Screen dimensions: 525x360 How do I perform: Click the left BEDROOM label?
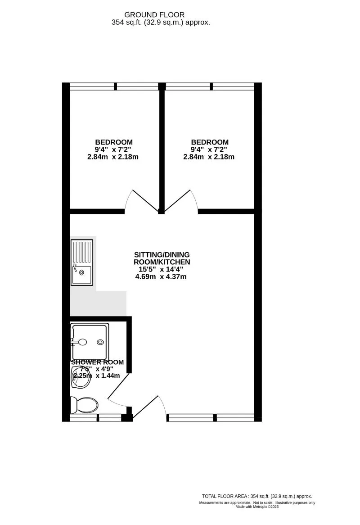pyautogui.click(x=113, y=142)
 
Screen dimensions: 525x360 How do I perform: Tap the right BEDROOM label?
pyautogui.click(x=209, y=142)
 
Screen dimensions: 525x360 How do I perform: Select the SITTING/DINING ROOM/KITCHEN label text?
pyautogui.click(x=161, y=258)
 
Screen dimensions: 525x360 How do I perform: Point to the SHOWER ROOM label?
pyautogui.click(x=97, y=362)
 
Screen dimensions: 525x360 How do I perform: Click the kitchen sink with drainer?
pyautogui.click(x=81, y=262)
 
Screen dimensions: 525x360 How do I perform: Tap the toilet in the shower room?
pyautogui.click(x=84, y=404)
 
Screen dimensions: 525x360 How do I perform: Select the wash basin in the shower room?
pyautogui.click(x=81, y=377)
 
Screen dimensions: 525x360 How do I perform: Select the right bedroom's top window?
pyautogui.click(x=210, y=86)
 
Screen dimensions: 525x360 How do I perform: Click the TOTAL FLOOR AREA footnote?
pyautogui.click(x=257, y=496)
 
